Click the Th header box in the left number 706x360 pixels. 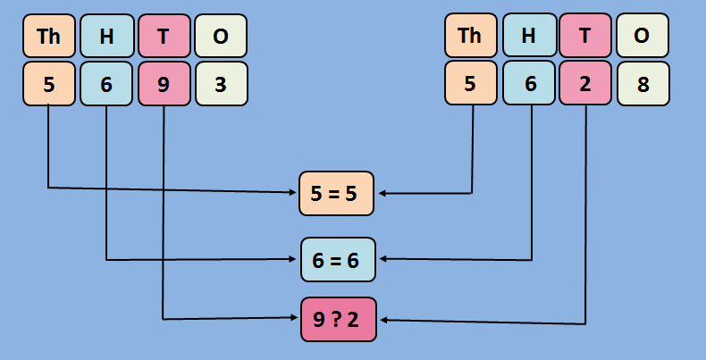49,37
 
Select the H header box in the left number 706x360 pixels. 106,37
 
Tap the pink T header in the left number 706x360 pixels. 164,37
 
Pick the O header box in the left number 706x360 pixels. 221,37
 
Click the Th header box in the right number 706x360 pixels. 469,36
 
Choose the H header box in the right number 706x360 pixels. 528,36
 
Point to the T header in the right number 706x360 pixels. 585,36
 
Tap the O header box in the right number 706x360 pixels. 642,36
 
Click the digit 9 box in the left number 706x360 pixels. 164,84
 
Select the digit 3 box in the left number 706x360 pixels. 221,84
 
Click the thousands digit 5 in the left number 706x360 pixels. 49,84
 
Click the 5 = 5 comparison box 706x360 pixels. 336,193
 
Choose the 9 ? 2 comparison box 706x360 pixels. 339,319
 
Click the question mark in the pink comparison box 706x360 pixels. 339,319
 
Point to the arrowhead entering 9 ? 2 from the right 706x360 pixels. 382,320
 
